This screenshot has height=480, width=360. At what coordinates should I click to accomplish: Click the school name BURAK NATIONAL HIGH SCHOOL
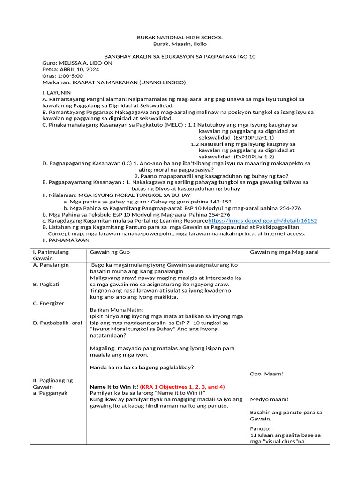pyautogui.click(x=180, y=37)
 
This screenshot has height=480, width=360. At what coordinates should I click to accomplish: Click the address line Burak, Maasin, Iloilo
pyautogui.click(x=180, y=44)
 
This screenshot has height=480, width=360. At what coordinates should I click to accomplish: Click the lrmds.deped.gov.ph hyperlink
pyautogui.click(x=262, y=221)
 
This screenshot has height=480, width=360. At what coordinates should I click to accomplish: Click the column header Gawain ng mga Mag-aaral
pyautogui.click(x=284, y=252)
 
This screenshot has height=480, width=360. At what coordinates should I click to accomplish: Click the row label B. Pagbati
pyautogui.click(x=45, y=284)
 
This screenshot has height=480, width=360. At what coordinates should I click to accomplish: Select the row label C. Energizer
pyautogui.click(x=48, y=303)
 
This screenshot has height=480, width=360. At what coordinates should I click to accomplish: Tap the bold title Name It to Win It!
pyautogui.click(x=114, y=387)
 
